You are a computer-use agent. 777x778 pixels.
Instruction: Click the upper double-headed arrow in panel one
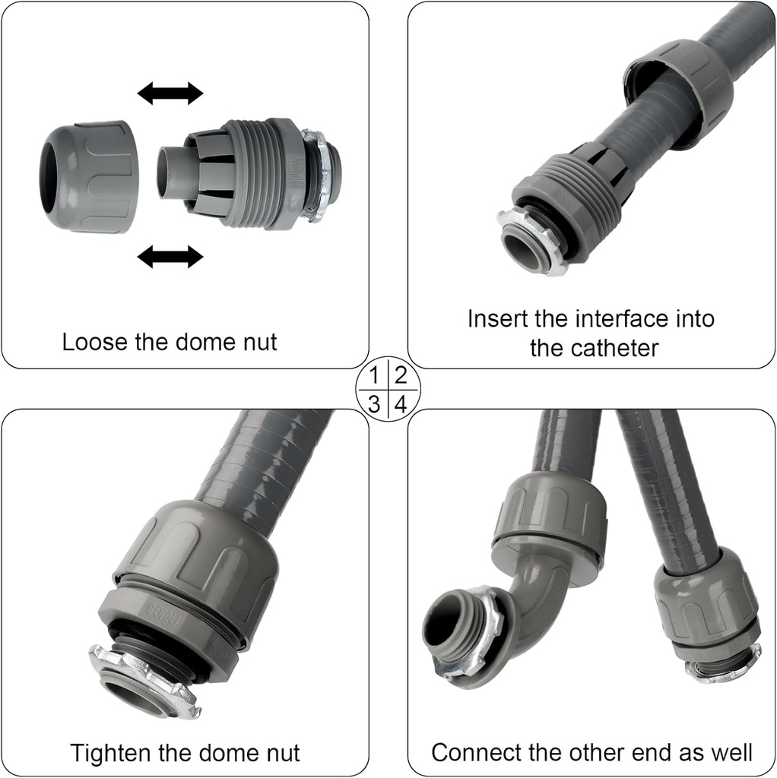pos(170,93)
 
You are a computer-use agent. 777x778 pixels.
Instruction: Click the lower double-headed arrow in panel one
pos(170,257)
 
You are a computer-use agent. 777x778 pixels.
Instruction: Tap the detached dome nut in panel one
pos(90,176)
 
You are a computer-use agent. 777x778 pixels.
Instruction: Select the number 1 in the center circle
pos(374,375)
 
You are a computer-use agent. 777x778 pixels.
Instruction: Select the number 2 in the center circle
pos(401,375)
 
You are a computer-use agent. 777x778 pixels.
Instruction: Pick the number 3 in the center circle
pos(374,403)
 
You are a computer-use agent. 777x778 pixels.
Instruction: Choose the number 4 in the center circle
pos(401,403)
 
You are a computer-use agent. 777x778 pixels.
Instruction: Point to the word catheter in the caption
pos(594,349)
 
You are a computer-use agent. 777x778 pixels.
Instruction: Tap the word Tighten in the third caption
pos(112,753)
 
